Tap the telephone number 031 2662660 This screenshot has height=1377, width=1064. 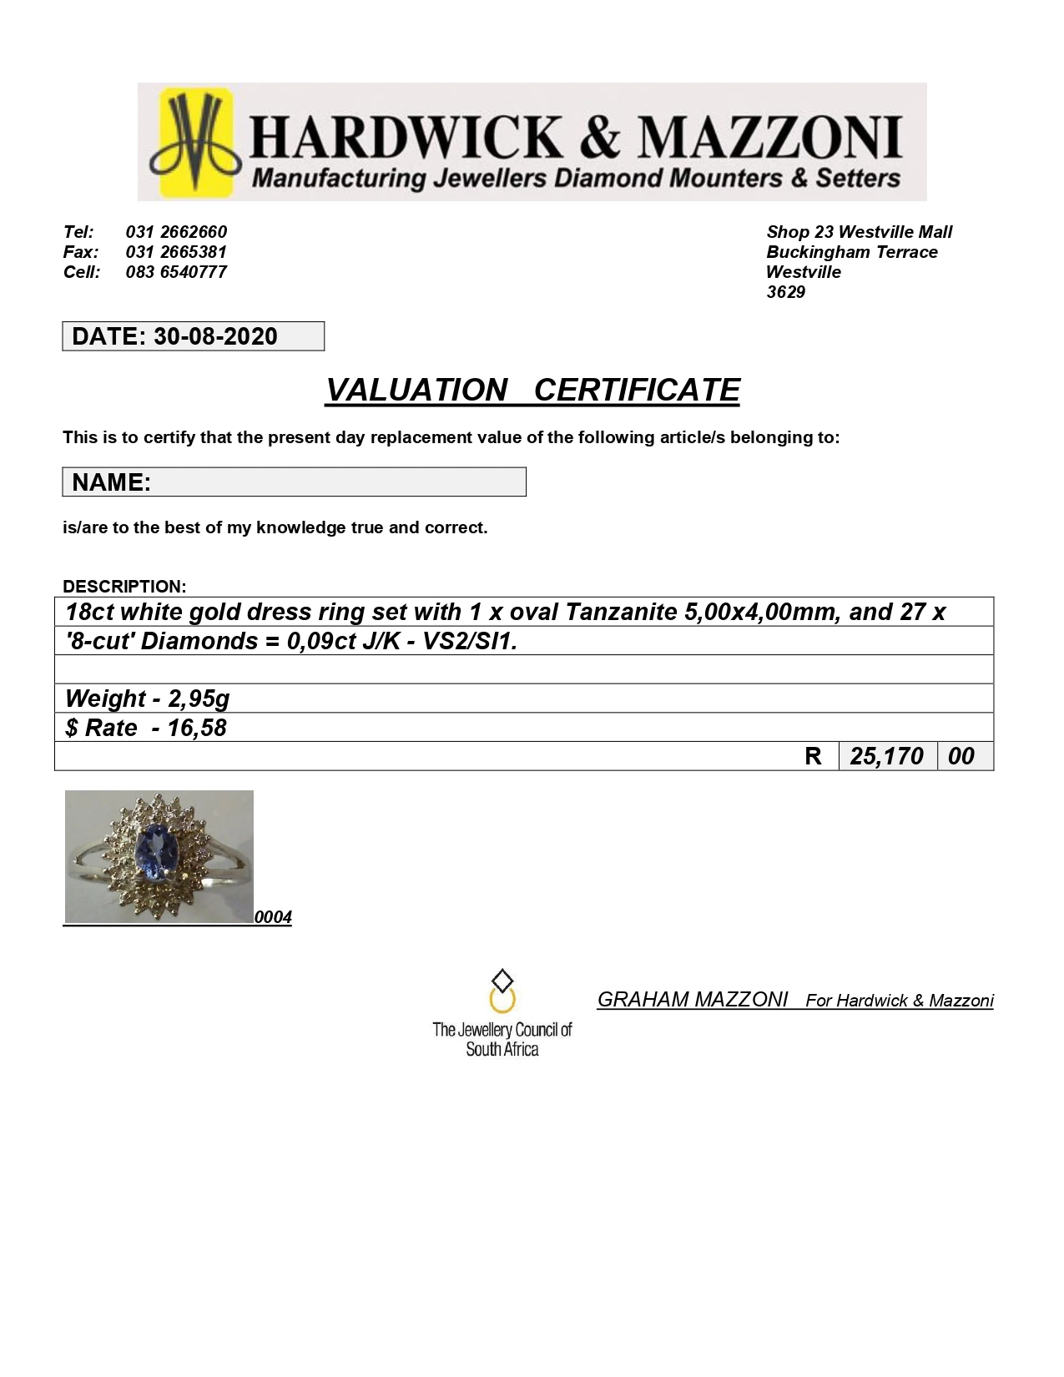tap(176, 232)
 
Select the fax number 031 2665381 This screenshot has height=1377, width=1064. tap(176, 252)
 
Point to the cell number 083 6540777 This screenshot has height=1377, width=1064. tap(176, 272)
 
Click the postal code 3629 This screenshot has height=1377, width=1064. tap(785, 292)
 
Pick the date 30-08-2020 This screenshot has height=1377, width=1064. tap(215, 336)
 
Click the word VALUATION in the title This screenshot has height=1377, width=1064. tap(416, 391)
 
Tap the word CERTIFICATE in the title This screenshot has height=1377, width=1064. tap(637, 391)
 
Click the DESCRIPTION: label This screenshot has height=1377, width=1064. tap(124, 586)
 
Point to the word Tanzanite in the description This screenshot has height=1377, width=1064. tap(622, 612)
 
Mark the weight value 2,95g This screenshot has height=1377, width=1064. tap(199, 699)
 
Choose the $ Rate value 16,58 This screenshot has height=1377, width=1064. tap(197, 728)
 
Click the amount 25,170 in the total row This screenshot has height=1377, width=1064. tap(886, 756)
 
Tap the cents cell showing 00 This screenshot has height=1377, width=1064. tap(961, 756)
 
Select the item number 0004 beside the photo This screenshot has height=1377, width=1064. tap(273, 917)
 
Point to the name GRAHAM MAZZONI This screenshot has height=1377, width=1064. tap(693, 1000)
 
